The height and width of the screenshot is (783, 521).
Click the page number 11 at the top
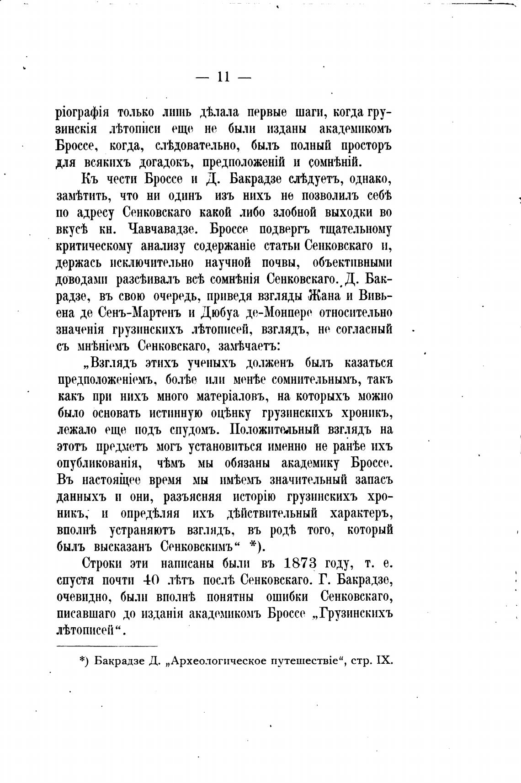[223, 77]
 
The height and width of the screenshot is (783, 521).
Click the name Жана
[324, 296]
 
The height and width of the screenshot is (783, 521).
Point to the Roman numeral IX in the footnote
[384, 661]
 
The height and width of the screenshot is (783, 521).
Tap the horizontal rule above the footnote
[107, 645]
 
